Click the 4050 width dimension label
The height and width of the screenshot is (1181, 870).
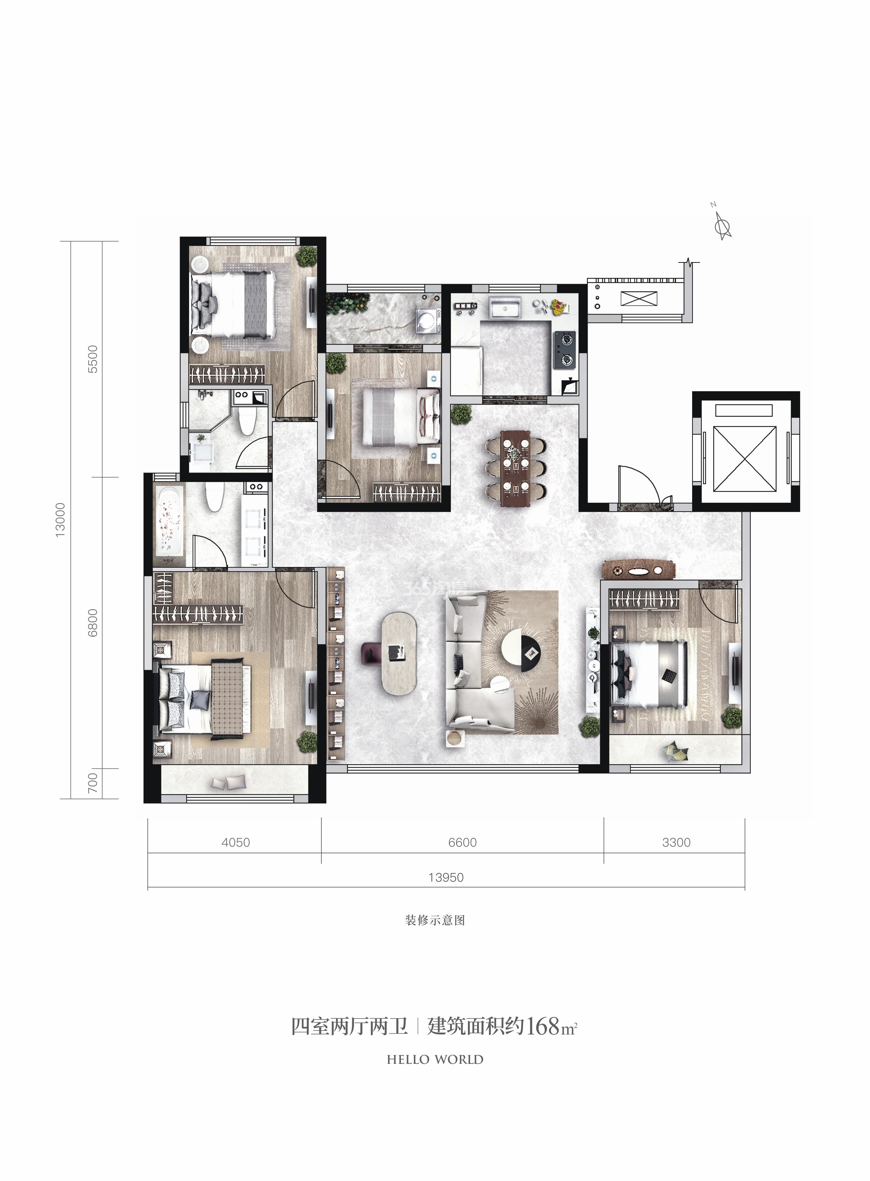click(235, 842)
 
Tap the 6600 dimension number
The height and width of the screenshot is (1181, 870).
click(462, 842)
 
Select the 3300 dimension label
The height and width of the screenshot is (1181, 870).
click(676, 842)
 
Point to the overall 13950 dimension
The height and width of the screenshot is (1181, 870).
click(446, 878)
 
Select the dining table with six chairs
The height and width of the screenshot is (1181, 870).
click(516, 468)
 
